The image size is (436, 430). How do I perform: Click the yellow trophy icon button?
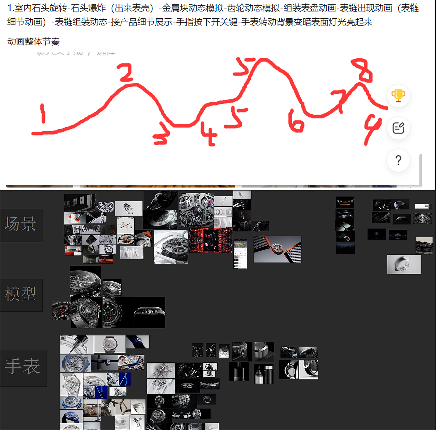(x=398, y=96)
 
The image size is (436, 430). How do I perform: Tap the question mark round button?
(x=398, y=160)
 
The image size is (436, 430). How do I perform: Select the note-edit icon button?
(x=398, y=128)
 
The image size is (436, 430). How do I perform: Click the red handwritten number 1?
(x=43, y=114)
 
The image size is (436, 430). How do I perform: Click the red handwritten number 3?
(x=161, y=135)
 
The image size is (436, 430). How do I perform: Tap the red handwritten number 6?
(x=295, y=121)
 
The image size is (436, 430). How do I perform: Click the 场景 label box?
(x=21, y=225)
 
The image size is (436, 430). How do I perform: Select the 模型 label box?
(x=21, y=295)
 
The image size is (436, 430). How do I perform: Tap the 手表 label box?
(x=23, y=367)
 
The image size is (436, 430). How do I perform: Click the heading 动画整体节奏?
(x=33, y=42)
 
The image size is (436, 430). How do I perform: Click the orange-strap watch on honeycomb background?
(x=277, y=249)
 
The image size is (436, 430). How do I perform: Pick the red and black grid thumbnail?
(x=211, y=241)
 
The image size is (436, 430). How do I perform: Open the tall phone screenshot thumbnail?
(x=240, y=254)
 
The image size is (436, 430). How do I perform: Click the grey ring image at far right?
(x=404, y=264)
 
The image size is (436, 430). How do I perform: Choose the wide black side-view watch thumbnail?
(x=150, y=312)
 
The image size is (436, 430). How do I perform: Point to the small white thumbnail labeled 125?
(x=422, y=206)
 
